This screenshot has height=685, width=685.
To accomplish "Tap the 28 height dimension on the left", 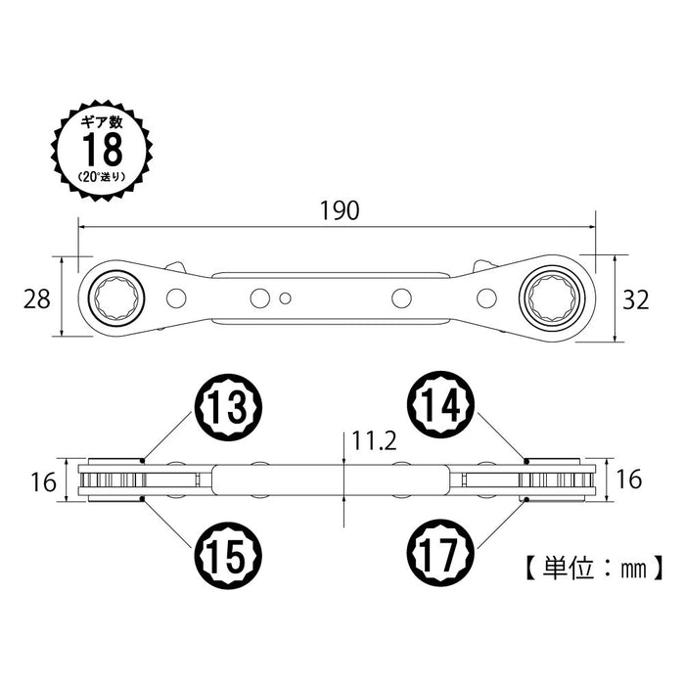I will coord(38,299).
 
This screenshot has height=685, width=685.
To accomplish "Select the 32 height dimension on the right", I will coord(635,299).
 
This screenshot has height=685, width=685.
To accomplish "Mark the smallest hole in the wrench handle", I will coord(284,297).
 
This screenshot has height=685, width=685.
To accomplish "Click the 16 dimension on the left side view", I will coord(38,481).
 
